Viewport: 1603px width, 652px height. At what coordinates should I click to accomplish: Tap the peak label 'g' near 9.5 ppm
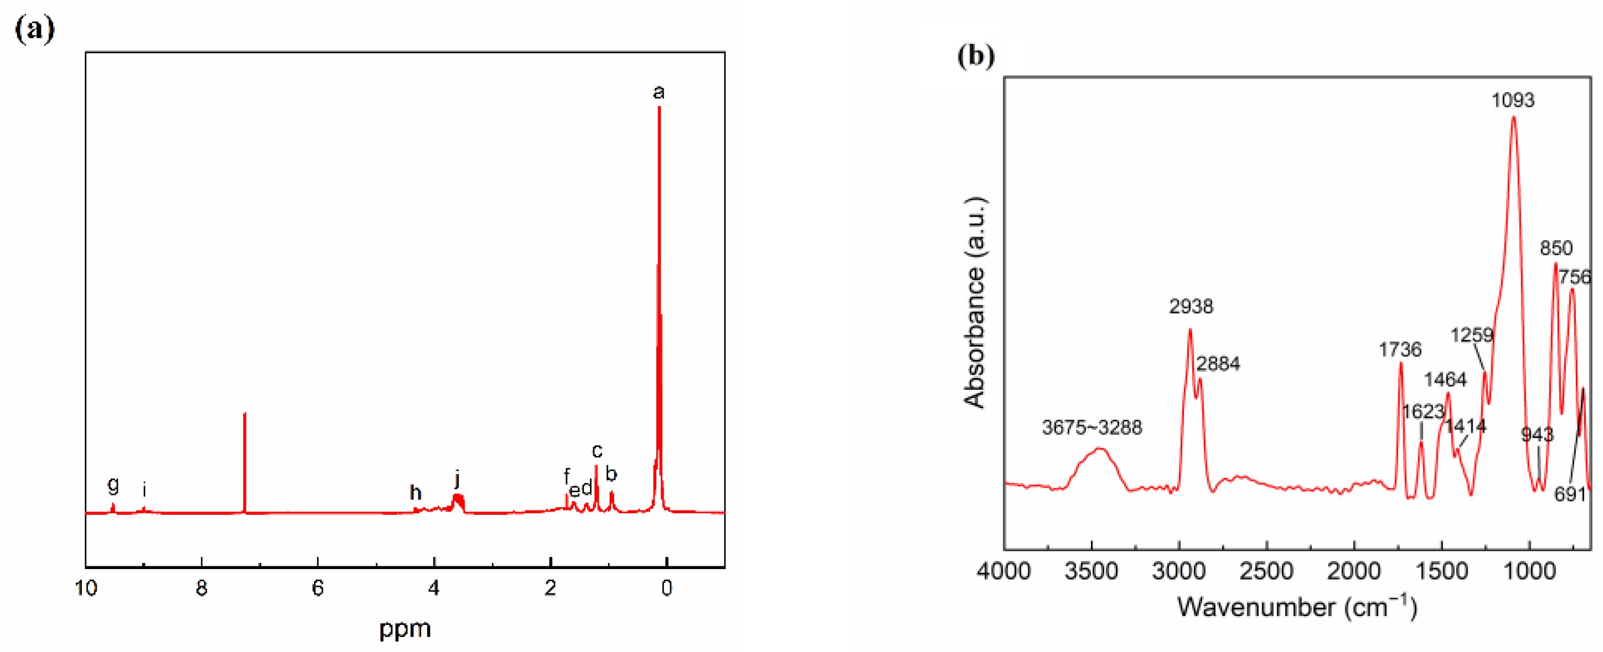(113, 483)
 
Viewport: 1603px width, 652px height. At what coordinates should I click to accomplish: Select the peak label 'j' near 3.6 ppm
(457, 479)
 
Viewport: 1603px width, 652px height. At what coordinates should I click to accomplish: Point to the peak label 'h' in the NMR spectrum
(415, 493)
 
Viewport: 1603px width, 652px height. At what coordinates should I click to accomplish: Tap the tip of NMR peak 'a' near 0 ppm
(659, 108)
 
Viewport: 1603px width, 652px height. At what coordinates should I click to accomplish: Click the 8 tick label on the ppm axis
(201, 588)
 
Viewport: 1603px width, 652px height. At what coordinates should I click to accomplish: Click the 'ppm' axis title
(405, 628)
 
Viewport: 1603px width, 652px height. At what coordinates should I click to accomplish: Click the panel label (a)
(35, 29)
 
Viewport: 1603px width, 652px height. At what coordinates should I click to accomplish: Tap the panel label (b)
(975, 55)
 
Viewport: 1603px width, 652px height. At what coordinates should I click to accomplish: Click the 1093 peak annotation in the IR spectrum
(1513, 100)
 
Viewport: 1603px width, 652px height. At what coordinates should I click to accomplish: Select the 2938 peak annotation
(1191, 306)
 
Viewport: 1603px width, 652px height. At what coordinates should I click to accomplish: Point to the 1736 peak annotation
(1400, 350)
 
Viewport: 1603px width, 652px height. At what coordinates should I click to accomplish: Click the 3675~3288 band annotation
(1092, 427)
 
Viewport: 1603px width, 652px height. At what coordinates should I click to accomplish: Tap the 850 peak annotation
(1555, 248)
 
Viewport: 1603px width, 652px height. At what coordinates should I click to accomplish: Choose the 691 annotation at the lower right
(1569, 494)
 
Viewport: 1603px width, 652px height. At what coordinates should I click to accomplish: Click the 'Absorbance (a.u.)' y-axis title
(974, 302)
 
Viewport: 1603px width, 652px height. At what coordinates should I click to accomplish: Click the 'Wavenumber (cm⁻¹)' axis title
(1297, 607)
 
